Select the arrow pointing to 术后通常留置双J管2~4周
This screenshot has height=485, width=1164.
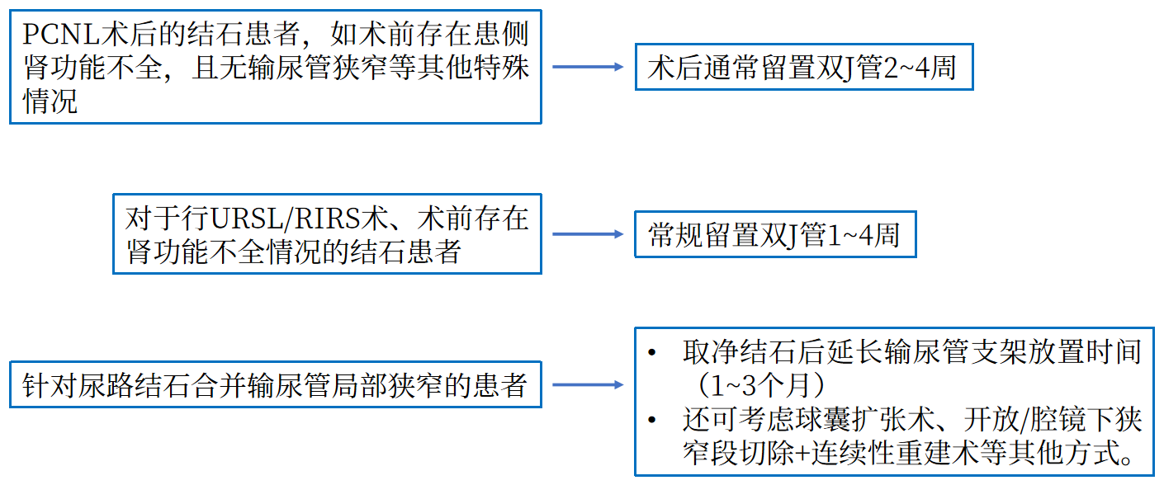(x=588, y=67)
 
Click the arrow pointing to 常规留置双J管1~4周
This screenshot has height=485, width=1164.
(x=588, y=235)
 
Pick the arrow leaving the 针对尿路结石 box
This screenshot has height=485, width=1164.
(x=588, y=384)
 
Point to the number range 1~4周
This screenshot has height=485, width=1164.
(x=863, y=236)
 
